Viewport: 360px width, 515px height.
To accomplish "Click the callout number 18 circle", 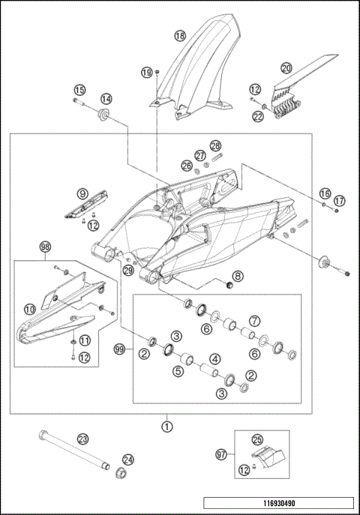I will [179, 35].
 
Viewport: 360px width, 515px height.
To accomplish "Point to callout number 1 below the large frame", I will [167, 425].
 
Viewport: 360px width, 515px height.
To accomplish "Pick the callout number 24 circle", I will [128, 460].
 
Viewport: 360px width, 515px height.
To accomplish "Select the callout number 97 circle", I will [222, 455].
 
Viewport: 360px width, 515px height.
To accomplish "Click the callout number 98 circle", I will [45, 246].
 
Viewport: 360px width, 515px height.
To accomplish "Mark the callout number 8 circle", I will [236, 276].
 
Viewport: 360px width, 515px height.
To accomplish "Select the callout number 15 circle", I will [79, 90].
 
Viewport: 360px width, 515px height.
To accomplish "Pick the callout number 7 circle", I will [254, 322].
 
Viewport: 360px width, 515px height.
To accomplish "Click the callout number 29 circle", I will [128, 271].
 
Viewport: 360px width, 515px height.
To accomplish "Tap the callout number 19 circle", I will [147, 72].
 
